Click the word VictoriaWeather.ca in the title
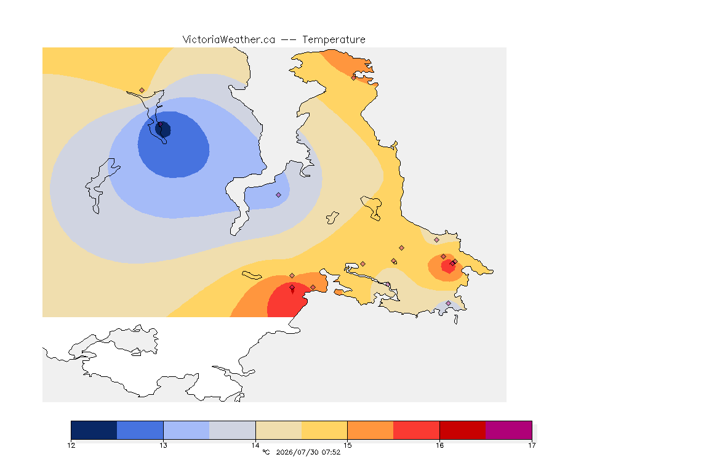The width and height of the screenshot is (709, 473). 229,40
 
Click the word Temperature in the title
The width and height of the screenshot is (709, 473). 334,40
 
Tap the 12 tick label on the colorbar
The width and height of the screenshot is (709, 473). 71,445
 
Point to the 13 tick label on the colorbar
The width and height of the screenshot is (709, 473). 163,445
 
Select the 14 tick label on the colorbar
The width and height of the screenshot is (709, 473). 255,445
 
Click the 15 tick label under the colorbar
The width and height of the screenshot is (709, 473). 347,445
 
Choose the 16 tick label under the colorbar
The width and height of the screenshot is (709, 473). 439,445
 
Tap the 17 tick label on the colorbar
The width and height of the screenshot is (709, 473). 532,445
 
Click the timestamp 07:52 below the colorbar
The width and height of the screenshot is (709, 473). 331,452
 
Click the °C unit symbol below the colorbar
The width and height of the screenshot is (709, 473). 266,452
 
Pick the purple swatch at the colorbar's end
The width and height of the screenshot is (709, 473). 509,430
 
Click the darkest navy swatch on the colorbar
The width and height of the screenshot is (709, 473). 94,430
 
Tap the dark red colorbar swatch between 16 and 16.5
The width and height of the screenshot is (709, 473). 463,430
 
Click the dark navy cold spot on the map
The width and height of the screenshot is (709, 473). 163,129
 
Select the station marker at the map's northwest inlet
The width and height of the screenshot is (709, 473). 142,91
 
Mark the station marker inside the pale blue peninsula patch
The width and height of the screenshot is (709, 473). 279,195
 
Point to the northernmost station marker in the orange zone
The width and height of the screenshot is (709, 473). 354,78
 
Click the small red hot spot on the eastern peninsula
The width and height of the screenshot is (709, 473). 449,265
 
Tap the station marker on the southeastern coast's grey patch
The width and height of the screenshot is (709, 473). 448,303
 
